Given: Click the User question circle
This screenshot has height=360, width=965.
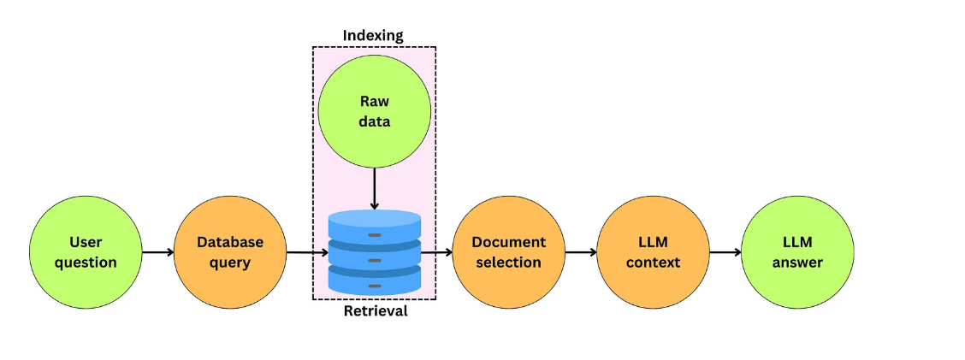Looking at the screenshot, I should pyautogui.click(x=86, y=252).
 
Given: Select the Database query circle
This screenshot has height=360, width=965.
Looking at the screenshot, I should pyautogui.click(x=230, y=252).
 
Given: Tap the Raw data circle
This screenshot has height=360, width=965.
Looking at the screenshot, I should pyautogui.click(x=375, y=112).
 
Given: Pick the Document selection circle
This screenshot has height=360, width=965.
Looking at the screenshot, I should pyautogui.click(x=508, y=252).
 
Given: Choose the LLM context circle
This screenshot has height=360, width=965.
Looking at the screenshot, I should pyautogui.click(x=653, y=252).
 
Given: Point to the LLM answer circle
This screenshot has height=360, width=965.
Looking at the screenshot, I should pyautogui.click(x=797, y=252).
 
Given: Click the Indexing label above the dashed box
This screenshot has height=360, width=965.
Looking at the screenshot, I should pyautogui.click(x=373, y=35).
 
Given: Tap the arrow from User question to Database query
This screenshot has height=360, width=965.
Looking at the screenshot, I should pyautogui.click(x=157, y=252).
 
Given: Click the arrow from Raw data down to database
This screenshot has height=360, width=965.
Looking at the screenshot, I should pyautogui.click(x=375, y=189).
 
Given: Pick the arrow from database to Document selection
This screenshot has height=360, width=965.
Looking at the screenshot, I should pyautogui.click(x=436, y=252).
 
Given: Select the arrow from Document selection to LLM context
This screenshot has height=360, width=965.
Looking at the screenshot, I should pyautogui.click(x=581, y=252).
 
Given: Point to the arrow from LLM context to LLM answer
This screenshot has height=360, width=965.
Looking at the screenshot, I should pyautogui.click(x=725, y=252).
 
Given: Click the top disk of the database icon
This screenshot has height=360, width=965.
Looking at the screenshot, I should pyautogui.click(x=375, y=226).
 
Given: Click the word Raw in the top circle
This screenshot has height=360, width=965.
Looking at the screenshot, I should pyautogui.click(x=375, y=102).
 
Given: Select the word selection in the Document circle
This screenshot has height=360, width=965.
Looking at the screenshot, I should pyautogui.click(x=508, y=263).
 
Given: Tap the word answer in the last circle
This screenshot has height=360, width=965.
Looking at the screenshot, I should pyautogui.click(x=797, y=263).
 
